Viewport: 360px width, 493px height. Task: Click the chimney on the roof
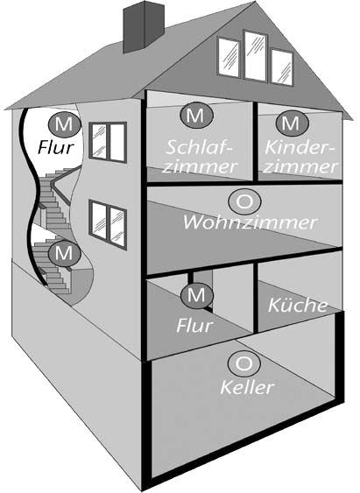coord(144,27)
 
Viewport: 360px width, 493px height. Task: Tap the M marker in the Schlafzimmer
coord(196,116)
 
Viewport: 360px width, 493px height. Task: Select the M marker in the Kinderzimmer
coord(292,123)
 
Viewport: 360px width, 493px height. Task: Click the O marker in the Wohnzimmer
coord(244,202)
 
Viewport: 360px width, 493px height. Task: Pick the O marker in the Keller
coord(244,363)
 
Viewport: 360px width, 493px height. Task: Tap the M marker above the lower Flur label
coord(197,295)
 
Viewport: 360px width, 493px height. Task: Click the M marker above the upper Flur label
coord(64,124)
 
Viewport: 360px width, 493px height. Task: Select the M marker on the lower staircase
coord(64,253)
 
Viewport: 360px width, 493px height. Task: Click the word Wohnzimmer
coord(250,222)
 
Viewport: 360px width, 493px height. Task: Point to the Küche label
coord(298,305)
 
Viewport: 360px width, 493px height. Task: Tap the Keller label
coord(247,387)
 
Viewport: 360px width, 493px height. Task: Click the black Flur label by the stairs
coord(56,146)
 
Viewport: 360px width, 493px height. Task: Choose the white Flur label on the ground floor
coord(194,325)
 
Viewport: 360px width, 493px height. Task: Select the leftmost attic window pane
coord(229,57)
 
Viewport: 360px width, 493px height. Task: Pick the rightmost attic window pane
coord(282,67)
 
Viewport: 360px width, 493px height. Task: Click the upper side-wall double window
coord(108,143)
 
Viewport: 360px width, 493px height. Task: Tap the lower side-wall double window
coord(108,224)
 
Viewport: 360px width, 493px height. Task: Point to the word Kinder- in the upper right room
coord(300,147)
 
